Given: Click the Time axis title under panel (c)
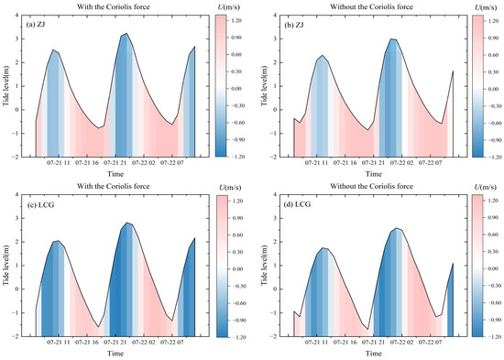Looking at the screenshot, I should click(115, 353).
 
